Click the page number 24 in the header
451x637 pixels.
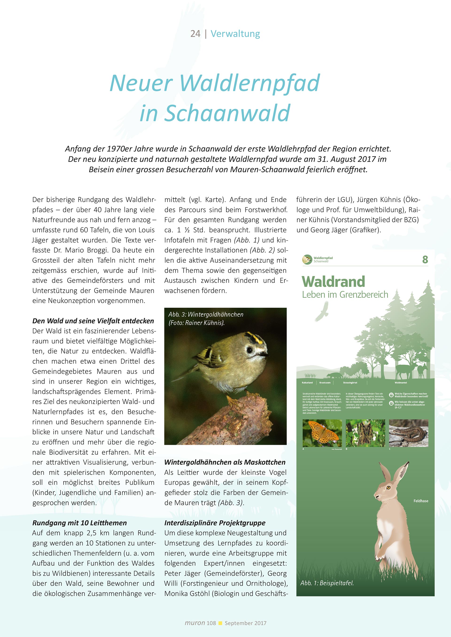tap(195, 34)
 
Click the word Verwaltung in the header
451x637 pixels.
tap(235, 34)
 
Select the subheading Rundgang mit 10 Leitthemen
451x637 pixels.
tap(79, 523)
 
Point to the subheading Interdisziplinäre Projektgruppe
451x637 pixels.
tap(215, 523)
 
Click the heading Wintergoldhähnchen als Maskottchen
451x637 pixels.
tap(225, 462)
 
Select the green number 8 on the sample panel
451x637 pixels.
tap(425, 259)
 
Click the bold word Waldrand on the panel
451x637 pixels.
tap(333, 282)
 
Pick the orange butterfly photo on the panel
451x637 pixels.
tap(322, 433)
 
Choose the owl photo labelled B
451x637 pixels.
tap(365, 433)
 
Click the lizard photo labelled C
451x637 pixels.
tap(408, 433)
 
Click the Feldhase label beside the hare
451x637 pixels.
tap(421, 501)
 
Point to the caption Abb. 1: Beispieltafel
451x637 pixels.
tap(327, 583)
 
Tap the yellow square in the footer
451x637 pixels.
tap(220, 623)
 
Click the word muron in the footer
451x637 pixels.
tap(195, 623)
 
